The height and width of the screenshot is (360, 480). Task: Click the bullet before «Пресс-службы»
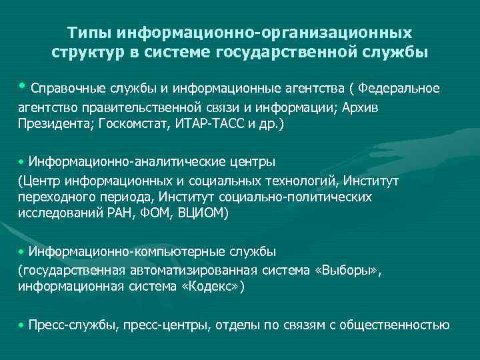click(21, 325)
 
